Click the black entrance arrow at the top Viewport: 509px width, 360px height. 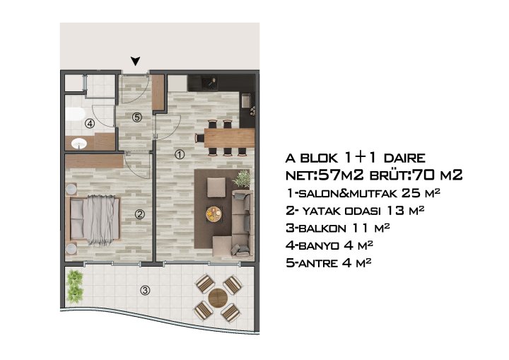point(135,62)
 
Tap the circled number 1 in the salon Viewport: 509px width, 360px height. point(180,153)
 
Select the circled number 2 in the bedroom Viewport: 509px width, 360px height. point(140,215)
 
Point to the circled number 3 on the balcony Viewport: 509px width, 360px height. point(145,289)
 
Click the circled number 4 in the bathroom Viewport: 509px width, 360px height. point(89,123)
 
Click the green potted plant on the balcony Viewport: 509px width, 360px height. point(74,284)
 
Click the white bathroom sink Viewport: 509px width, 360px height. point(78,144)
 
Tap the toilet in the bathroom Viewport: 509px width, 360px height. point(76,114)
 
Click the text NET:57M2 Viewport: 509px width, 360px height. point(316,175)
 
